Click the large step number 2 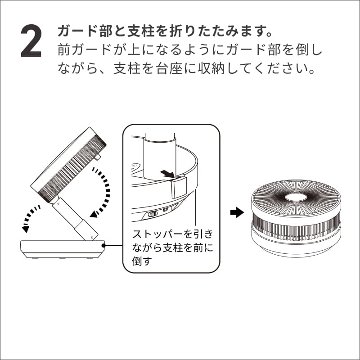click(x=31, y=41)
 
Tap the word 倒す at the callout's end click(x=142, y=261)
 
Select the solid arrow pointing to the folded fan click(x=237, y=212)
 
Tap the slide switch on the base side click(x=153, y=214)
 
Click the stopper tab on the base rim click(x=179, y=187)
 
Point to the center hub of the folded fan click(x=296, y=197)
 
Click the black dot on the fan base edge click(x=103, y=245)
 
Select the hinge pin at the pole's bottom click(x=92, y=237)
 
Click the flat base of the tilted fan click(x=63, y=249)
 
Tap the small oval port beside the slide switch click(x=165, y=210)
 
